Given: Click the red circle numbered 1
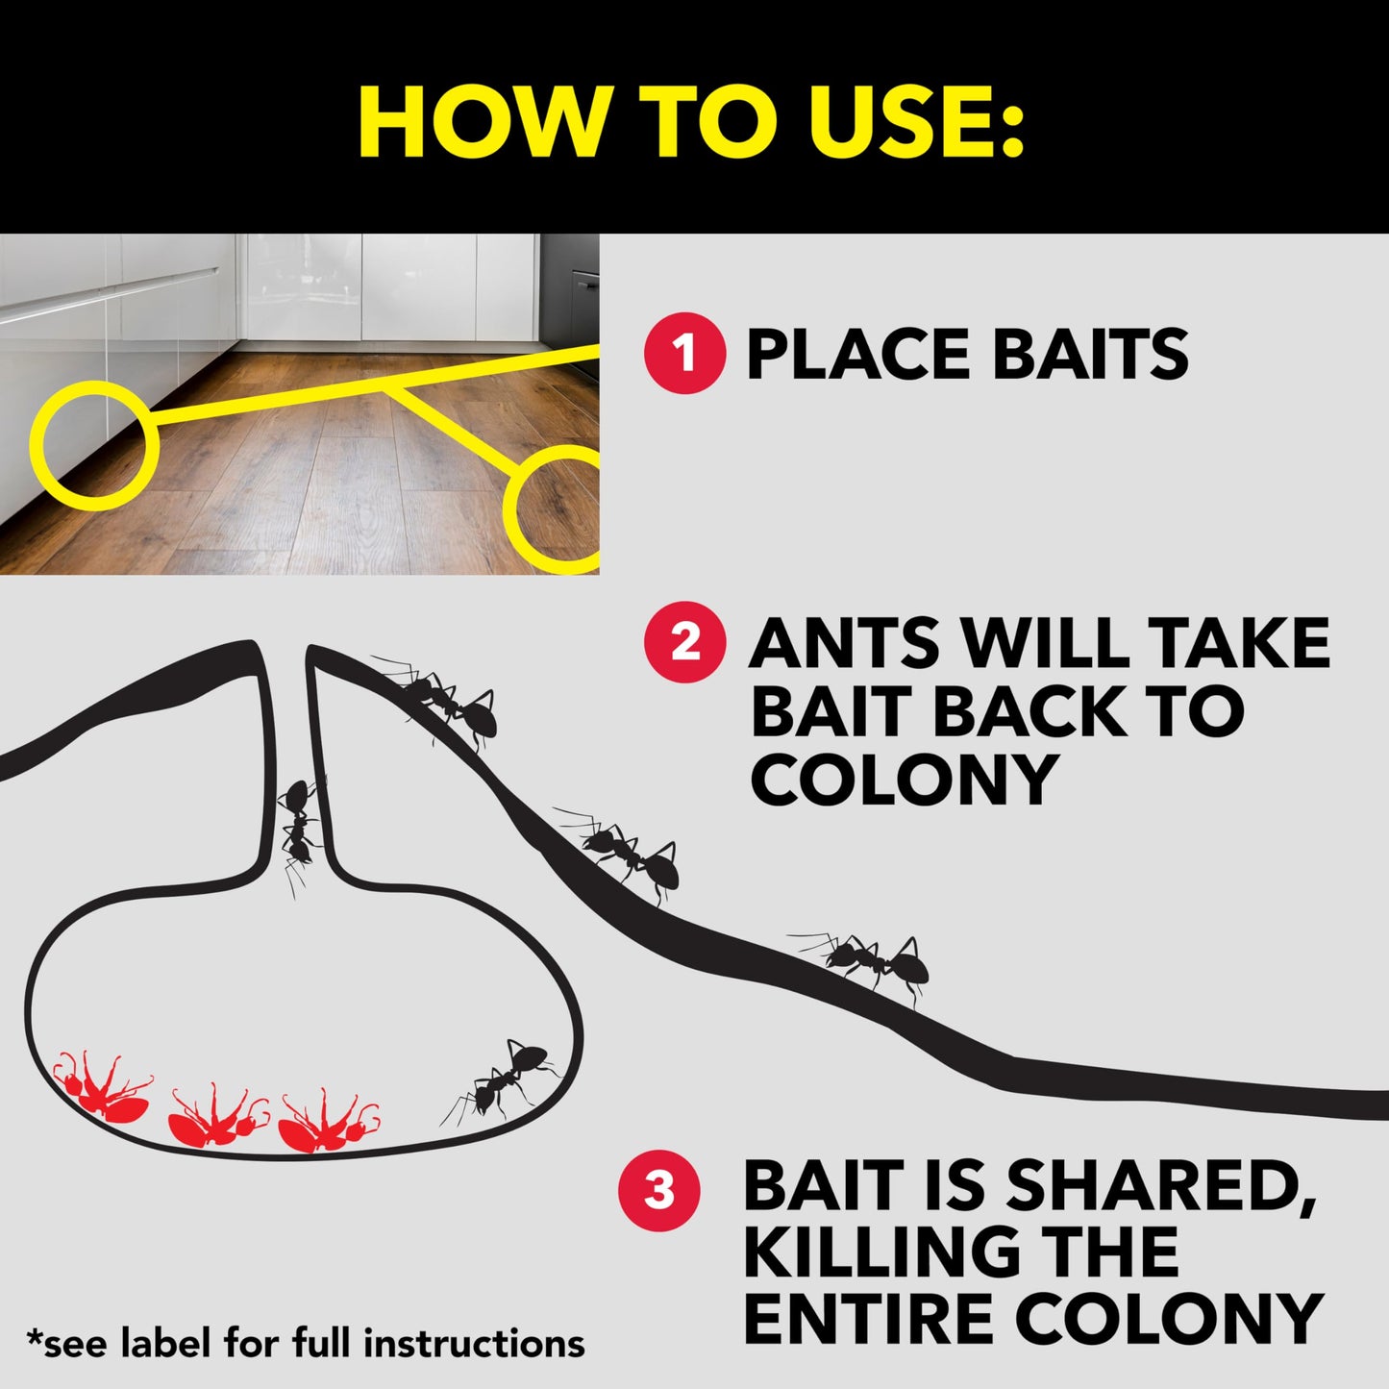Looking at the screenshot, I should click(683, 353).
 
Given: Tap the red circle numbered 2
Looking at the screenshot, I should click(683, 642).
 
